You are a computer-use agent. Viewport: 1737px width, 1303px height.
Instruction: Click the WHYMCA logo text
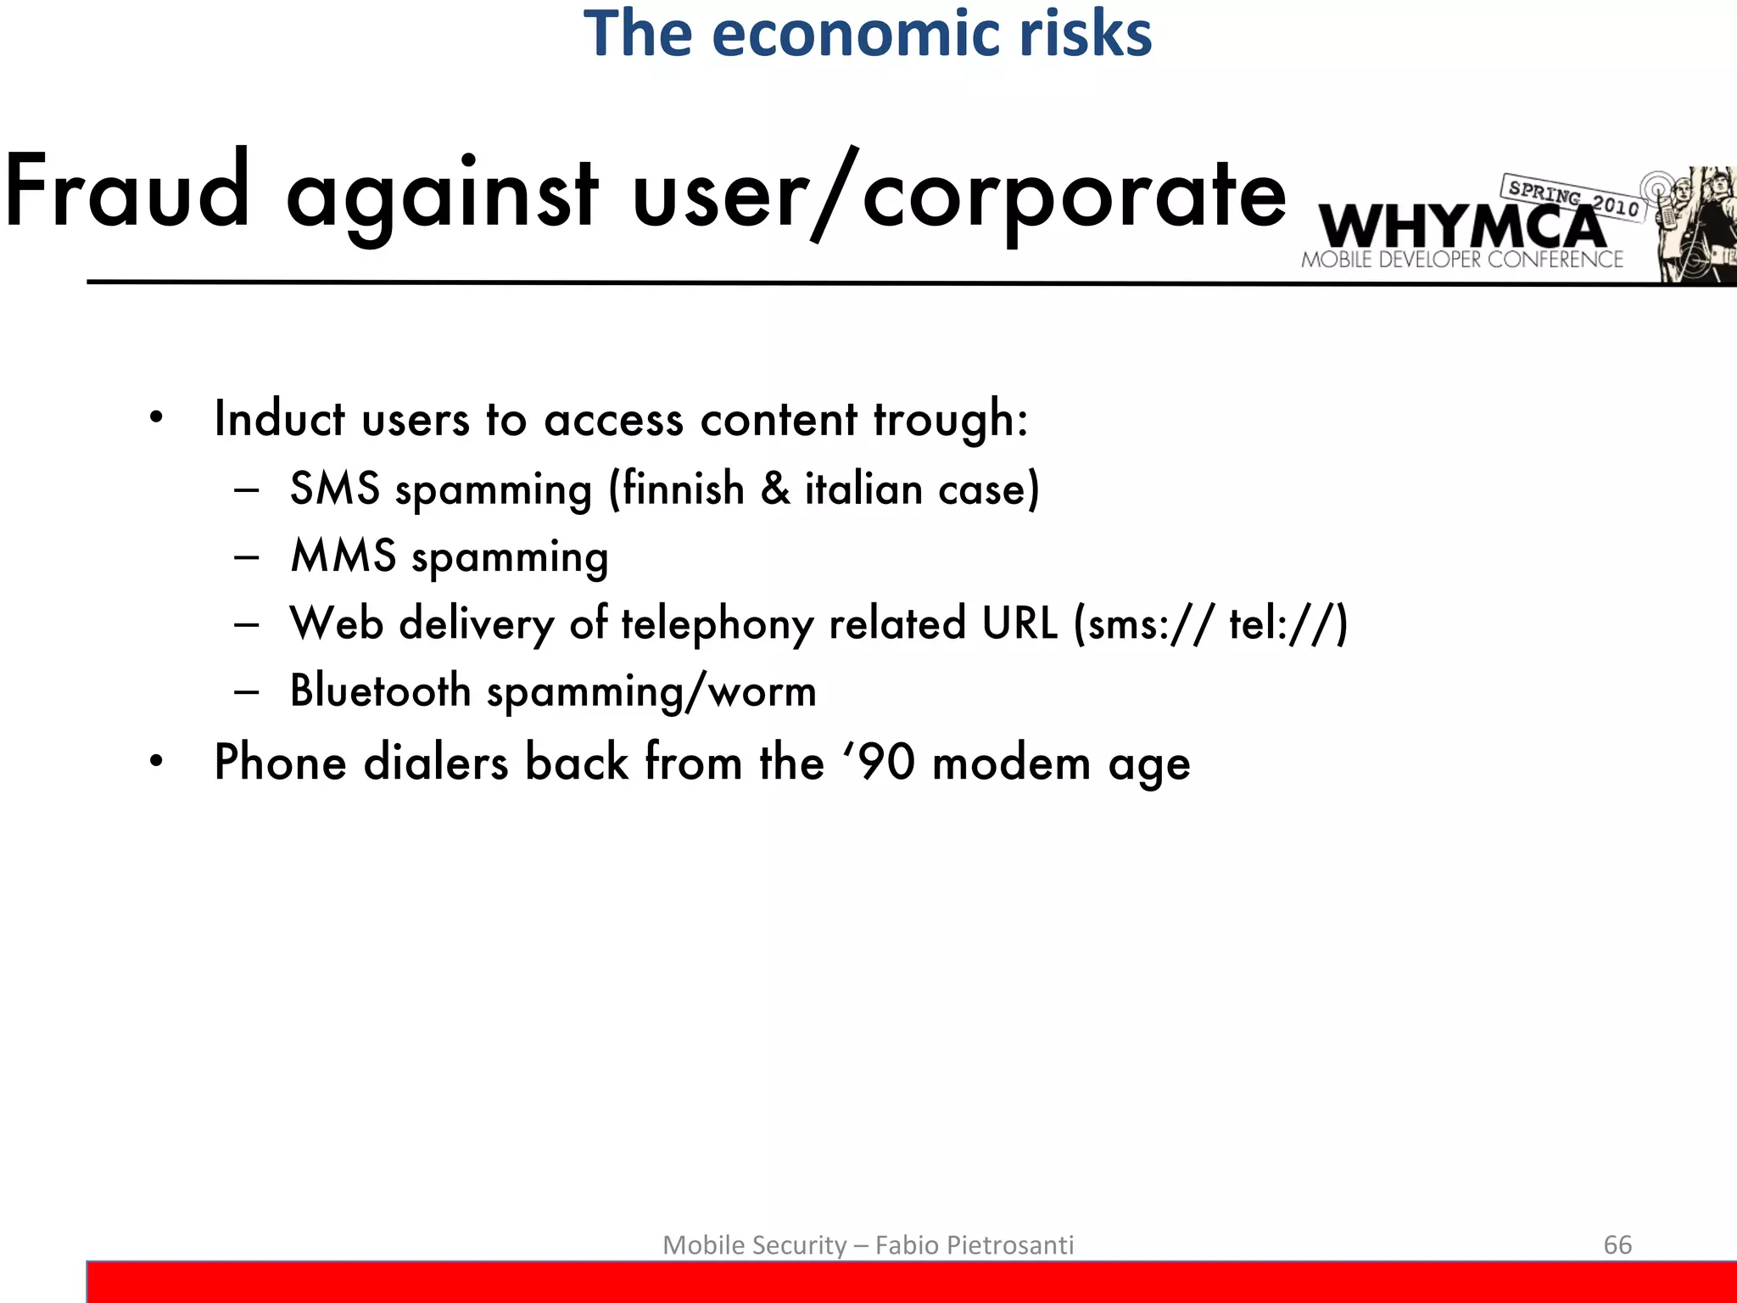[1461, 227]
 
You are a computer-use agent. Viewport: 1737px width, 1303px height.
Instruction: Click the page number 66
[1617, 1244]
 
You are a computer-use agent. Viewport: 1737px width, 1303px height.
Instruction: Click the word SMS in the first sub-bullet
[334, 489]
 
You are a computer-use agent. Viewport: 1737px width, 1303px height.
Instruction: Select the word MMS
[343, 556]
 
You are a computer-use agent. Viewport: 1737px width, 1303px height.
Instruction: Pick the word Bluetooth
[380, 691]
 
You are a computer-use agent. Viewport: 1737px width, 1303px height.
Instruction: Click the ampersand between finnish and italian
[774, 489]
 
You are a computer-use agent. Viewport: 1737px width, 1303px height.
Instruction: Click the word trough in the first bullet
[950, 420]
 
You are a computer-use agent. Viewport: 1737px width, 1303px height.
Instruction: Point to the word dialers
[436, 762]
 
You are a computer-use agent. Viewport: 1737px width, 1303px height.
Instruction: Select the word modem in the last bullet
[1011, 762]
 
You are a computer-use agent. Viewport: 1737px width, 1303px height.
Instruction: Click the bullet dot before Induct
[156, 418]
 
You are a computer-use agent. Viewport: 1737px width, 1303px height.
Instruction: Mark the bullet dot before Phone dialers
[156, 761]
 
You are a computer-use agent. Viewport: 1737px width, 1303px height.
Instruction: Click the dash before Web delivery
[247, 624]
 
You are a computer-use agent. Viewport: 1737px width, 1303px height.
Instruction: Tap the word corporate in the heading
[1074, 195]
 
